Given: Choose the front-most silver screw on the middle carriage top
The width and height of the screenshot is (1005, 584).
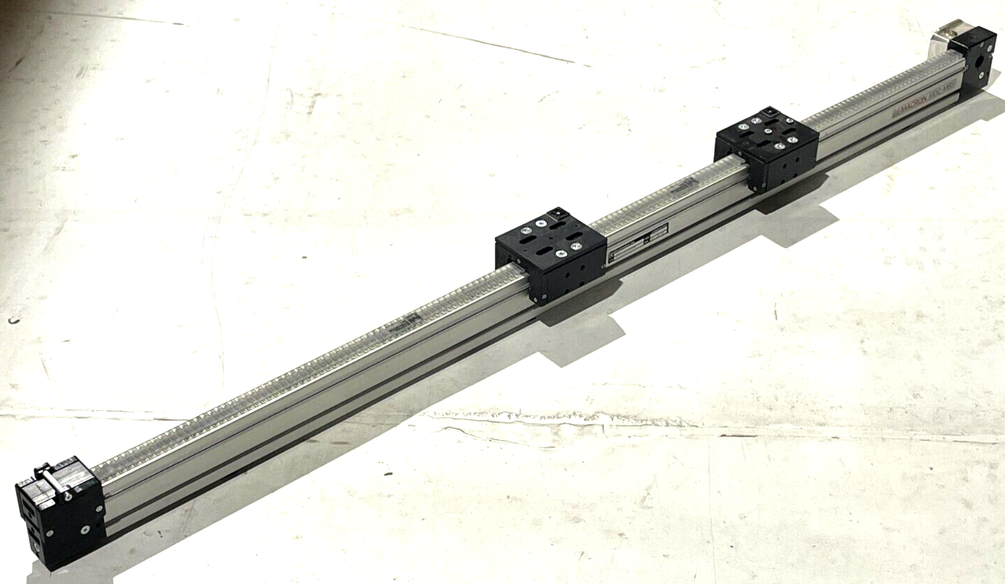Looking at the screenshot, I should click(561, 253).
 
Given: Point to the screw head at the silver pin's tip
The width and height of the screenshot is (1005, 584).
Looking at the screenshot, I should click(68, 497).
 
